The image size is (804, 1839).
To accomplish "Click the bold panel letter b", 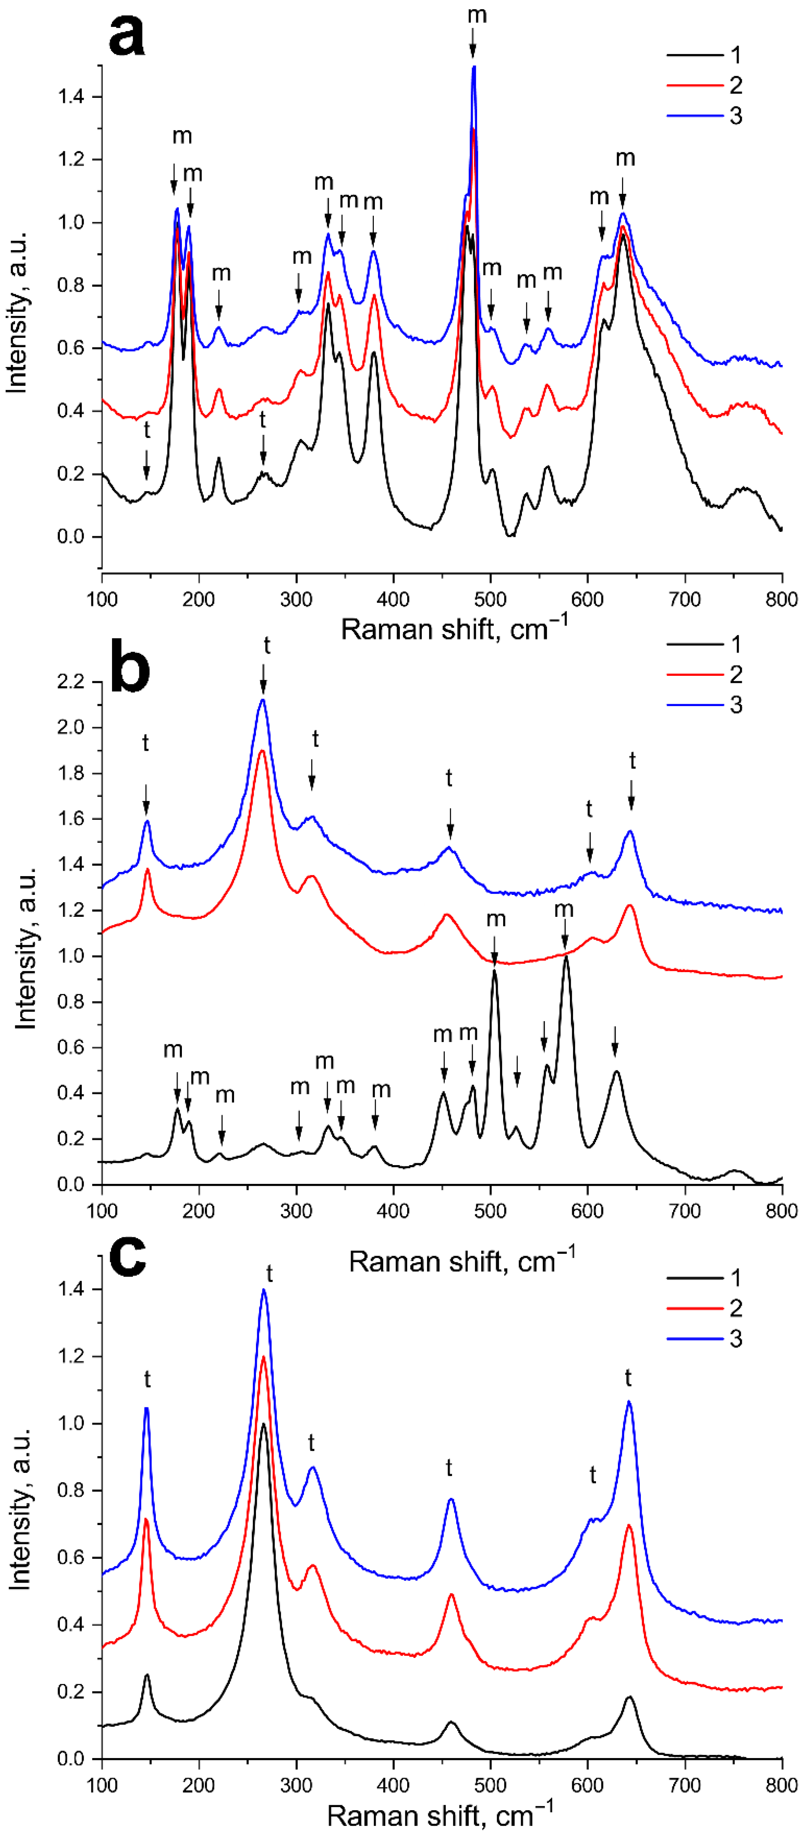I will pos(130,671).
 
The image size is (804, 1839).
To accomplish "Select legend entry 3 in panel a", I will pos(735,116).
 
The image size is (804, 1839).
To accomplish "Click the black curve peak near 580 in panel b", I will pos(566,957).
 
